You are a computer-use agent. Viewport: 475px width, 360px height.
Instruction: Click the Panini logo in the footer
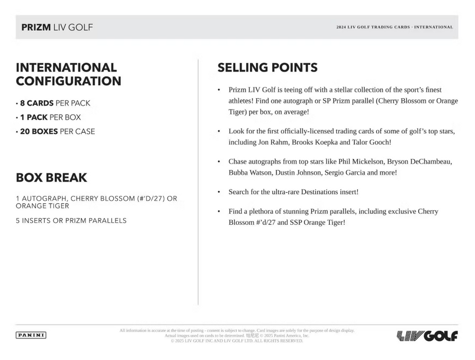pyautogui.click(x=31, y=335)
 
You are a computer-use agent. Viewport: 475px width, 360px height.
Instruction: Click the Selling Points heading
pyautogui.click(x=267, y=67)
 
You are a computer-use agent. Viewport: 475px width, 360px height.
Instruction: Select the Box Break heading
pyautogui.click(x=51, y=177)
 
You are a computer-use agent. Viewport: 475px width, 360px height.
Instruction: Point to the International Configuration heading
pyautogui.click(x=68, y=74)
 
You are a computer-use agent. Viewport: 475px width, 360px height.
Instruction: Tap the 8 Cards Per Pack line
pyautogui.click(x=54, y=103)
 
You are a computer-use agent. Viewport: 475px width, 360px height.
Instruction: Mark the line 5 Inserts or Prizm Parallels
pyautogui.click(x=71, y=221)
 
